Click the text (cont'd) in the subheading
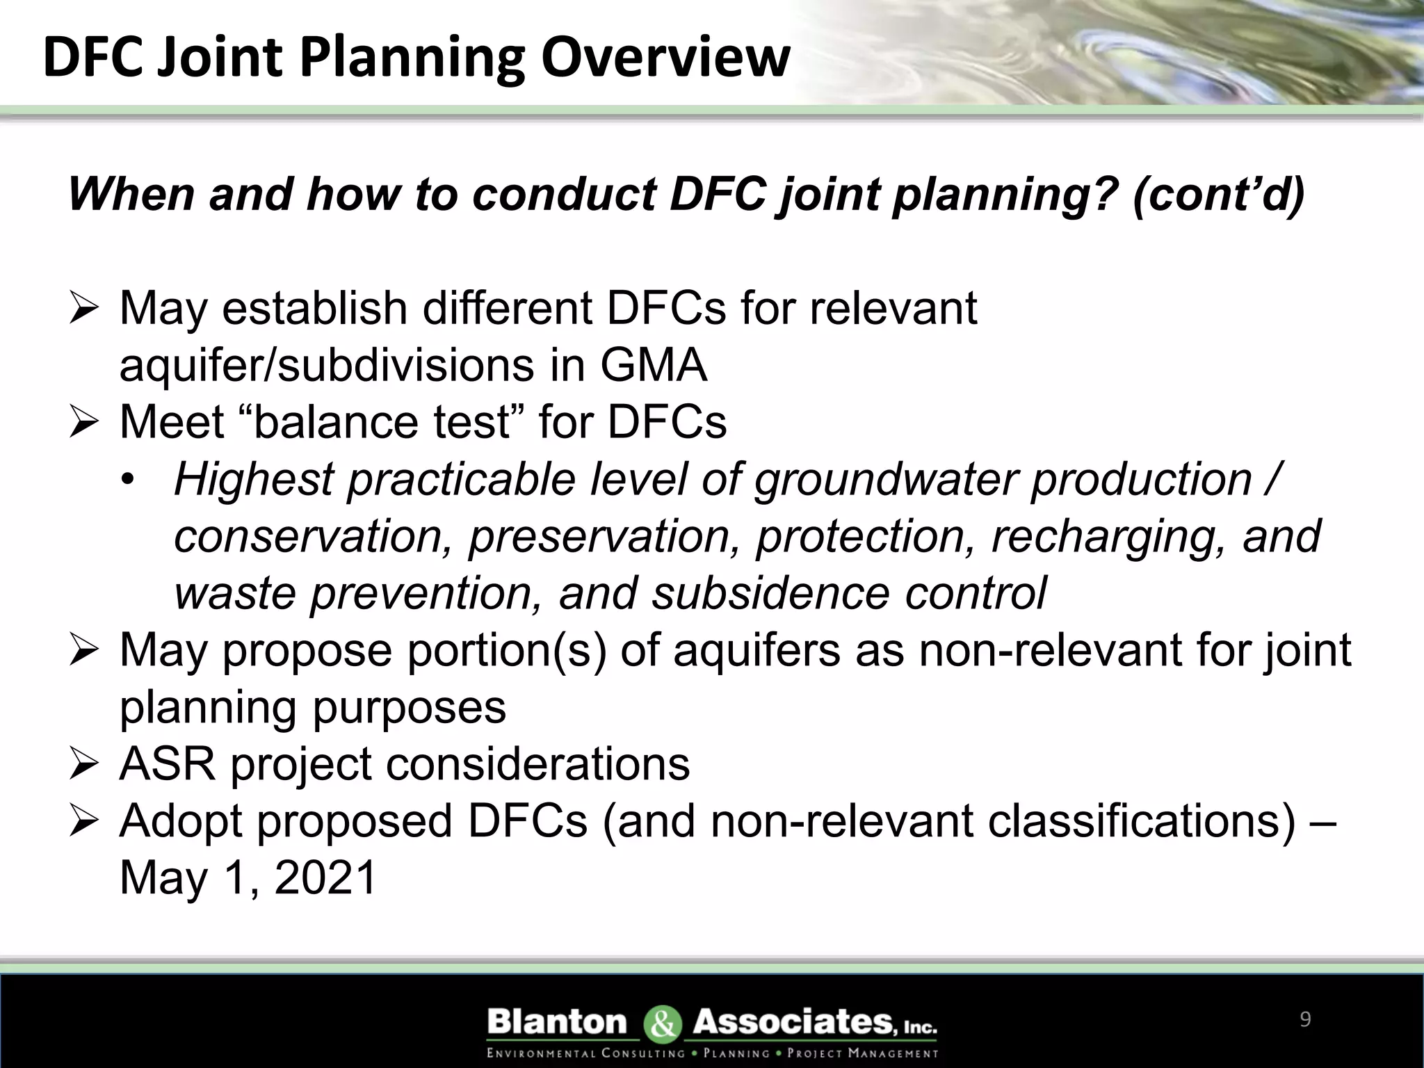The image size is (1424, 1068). [x=1218, y=194]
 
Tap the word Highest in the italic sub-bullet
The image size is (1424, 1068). [x=254, y=480]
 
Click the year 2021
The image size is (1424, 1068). [x=325, y=877]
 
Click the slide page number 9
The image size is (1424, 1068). [x=1304, y=1019]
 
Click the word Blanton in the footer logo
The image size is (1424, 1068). [x=558, y=1022]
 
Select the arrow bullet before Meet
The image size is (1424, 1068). [x=85, y=424]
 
